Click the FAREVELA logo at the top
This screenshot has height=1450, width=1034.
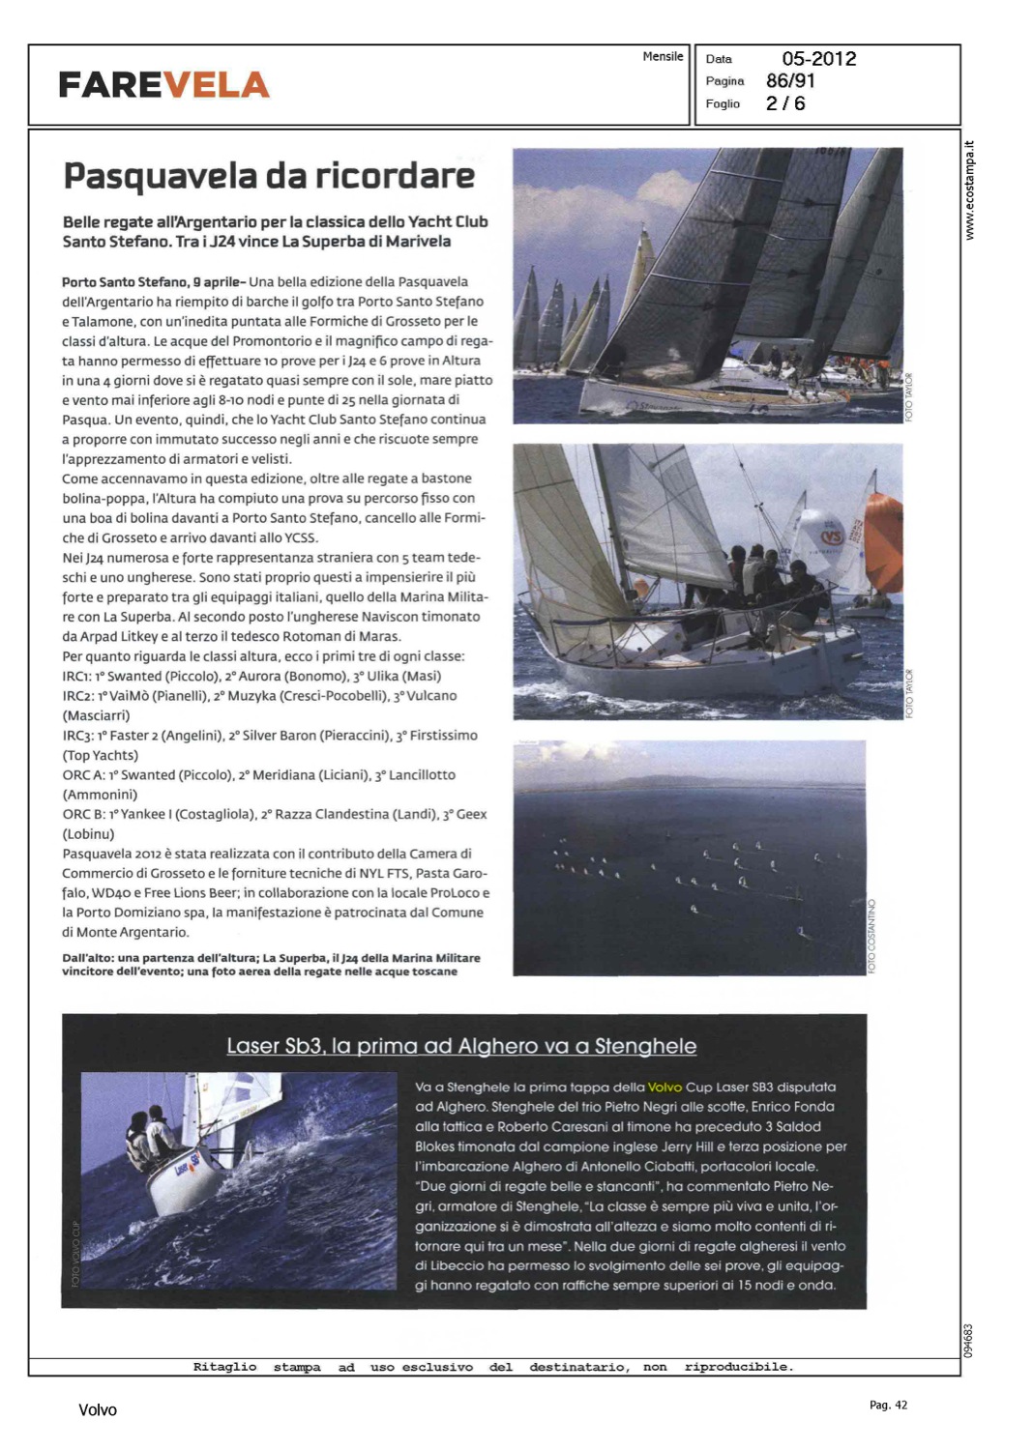(163, 85)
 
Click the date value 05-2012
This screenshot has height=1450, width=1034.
(818, 59)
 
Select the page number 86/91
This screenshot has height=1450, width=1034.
(790, 81)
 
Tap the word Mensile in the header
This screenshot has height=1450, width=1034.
(663, 57)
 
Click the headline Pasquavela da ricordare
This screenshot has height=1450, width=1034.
(269, 176)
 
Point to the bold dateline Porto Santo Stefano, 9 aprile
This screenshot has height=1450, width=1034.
(153, 282)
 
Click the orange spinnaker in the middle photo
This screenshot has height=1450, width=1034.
(883, 541)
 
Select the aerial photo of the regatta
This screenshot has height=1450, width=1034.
(689, 857)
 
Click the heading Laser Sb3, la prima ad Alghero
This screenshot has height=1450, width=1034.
(461, 1046)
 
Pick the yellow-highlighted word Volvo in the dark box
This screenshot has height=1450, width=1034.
(665, 1087)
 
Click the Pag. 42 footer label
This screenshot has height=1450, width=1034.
(888, 1406)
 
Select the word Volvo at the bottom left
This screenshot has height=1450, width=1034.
(98, 1410)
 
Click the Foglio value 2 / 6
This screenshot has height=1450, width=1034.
(785, 103)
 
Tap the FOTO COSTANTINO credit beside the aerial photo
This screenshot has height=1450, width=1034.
(872, 935)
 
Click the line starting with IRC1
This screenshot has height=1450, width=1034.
(251, 677)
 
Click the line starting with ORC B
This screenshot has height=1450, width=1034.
(275, 815)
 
